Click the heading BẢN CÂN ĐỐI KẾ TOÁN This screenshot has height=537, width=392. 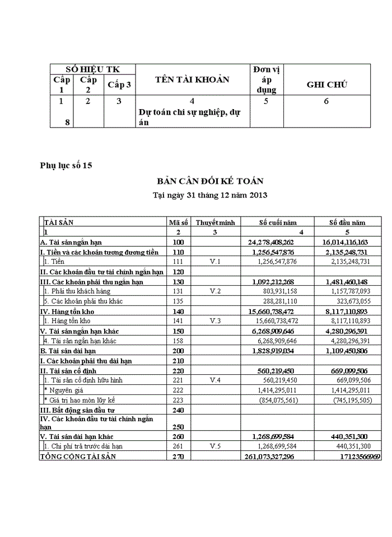[x=210, y=181]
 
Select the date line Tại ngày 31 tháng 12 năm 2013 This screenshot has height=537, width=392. [x=210, y=196]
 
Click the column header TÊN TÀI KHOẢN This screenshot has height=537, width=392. [x=192, y=79]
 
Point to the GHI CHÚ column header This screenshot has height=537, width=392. [x=326, y=84]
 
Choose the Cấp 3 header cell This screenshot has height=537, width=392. [x=119, y=84]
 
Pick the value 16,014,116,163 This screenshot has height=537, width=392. [x=344, y=242]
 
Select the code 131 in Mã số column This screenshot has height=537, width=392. [x=178, y=291]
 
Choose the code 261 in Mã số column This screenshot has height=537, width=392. [x=178, y=446]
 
